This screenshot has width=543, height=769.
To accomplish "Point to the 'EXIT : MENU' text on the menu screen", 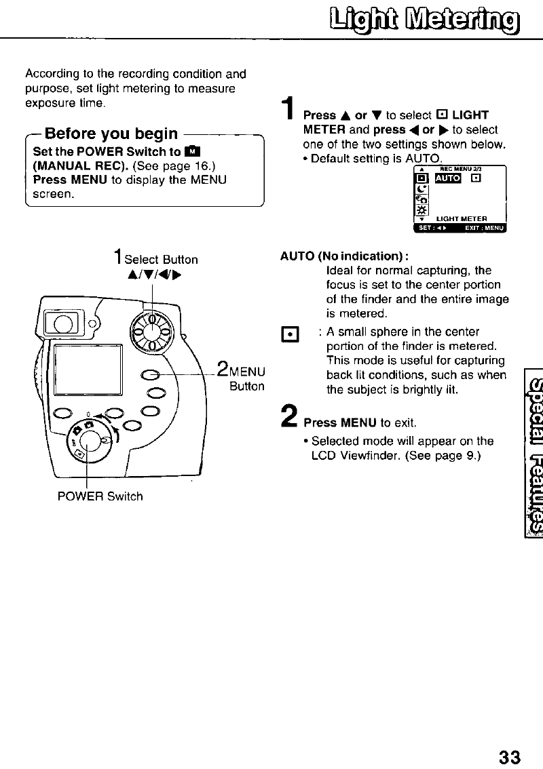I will (x=484, y=227).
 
